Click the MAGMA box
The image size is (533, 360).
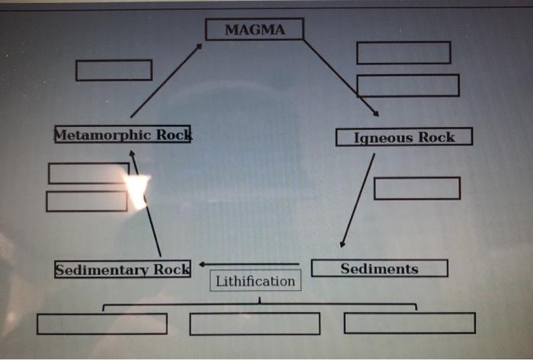coord(254,30)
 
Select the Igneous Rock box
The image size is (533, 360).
coord(404,137)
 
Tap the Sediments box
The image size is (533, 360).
coord(379,269)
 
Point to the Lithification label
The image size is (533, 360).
coord(255,281)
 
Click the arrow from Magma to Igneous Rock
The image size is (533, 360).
coord(341,77)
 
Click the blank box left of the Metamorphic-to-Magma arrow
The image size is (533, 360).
coord(113,70)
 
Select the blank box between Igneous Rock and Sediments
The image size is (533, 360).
coord(417,188)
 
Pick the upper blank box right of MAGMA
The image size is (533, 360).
coord(403,53)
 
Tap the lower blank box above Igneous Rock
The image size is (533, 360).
coord(407,85)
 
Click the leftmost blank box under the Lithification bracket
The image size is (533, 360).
coord(102,323)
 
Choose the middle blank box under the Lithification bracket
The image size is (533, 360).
coord(254,323)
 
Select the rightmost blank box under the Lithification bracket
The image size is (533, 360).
coord(409,323)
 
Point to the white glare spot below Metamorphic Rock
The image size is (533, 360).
coord(137,190)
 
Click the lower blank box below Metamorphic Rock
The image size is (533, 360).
coord(86,202)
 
